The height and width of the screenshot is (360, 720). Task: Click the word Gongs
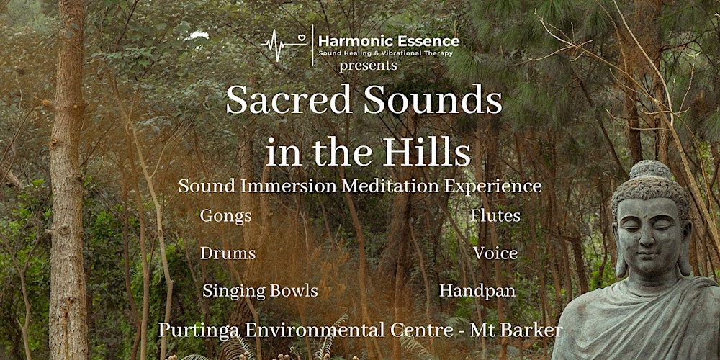[226, 216]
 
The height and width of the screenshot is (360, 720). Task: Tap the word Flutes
[495, 216]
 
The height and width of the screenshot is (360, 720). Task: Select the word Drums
[228, 253]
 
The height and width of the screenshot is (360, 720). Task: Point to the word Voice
[495, 253]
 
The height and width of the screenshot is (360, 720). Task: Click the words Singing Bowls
[260, 291]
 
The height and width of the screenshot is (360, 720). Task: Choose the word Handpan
[477, 291]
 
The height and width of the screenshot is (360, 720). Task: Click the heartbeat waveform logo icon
[285, 44]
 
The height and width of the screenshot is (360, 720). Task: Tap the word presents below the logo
[369, 66]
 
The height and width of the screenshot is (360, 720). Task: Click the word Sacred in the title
[287, 100]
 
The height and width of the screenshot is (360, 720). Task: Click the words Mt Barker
[516, 330]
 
